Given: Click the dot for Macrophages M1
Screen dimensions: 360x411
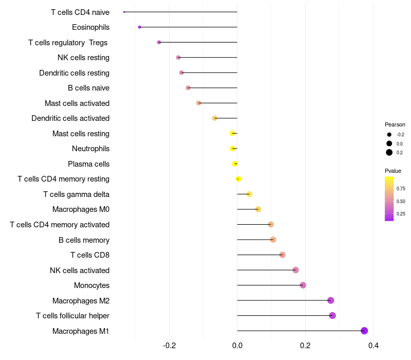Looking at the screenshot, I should (364, 331).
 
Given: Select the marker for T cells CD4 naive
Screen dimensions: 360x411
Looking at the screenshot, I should (124, 12).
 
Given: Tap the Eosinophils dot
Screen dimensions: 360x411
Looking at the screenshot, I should (139, 27).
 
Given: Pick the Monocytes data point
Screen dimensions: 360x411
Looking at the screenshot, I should (303, 285).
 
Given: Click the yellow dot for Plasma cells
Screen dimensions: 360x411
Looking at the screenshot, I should (235, 164).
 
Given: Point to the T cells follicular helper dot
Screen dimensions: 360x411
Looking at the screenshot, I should (332, 316).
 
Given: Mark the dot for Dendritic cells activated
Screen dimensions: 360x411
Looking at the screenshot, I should (215, 118).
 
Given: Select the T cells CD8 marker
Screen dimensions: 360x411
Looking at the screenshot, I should (282, 255).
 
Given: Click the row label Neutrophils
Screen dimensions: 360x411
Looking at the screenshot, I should (90, 149).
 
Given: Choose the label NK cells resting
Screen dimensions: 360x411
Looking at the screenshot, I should (83, 58).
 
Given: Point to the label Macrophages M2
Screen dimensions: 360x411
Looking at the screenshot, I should (81, 301).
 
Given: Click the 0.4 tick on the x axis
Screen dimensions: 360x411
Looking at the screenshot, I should (373, 346).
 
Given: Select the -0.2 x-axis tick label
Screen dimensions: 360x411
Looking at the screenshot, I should (169, 346).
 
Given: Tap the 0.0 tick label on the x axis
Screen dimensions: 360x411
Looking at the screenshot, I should (237, 346).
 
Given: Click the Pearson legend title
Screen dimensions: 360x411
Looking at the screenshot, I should (395, 124).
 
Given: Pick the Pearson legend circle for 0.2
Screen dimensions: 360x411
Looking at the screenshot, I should (389, 152).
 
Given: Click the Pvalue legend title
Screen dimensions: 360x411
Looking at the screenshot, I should (393, 171).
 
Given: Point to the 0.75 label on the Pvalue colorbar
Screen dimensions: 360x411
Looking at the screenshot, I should (401, 189).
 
